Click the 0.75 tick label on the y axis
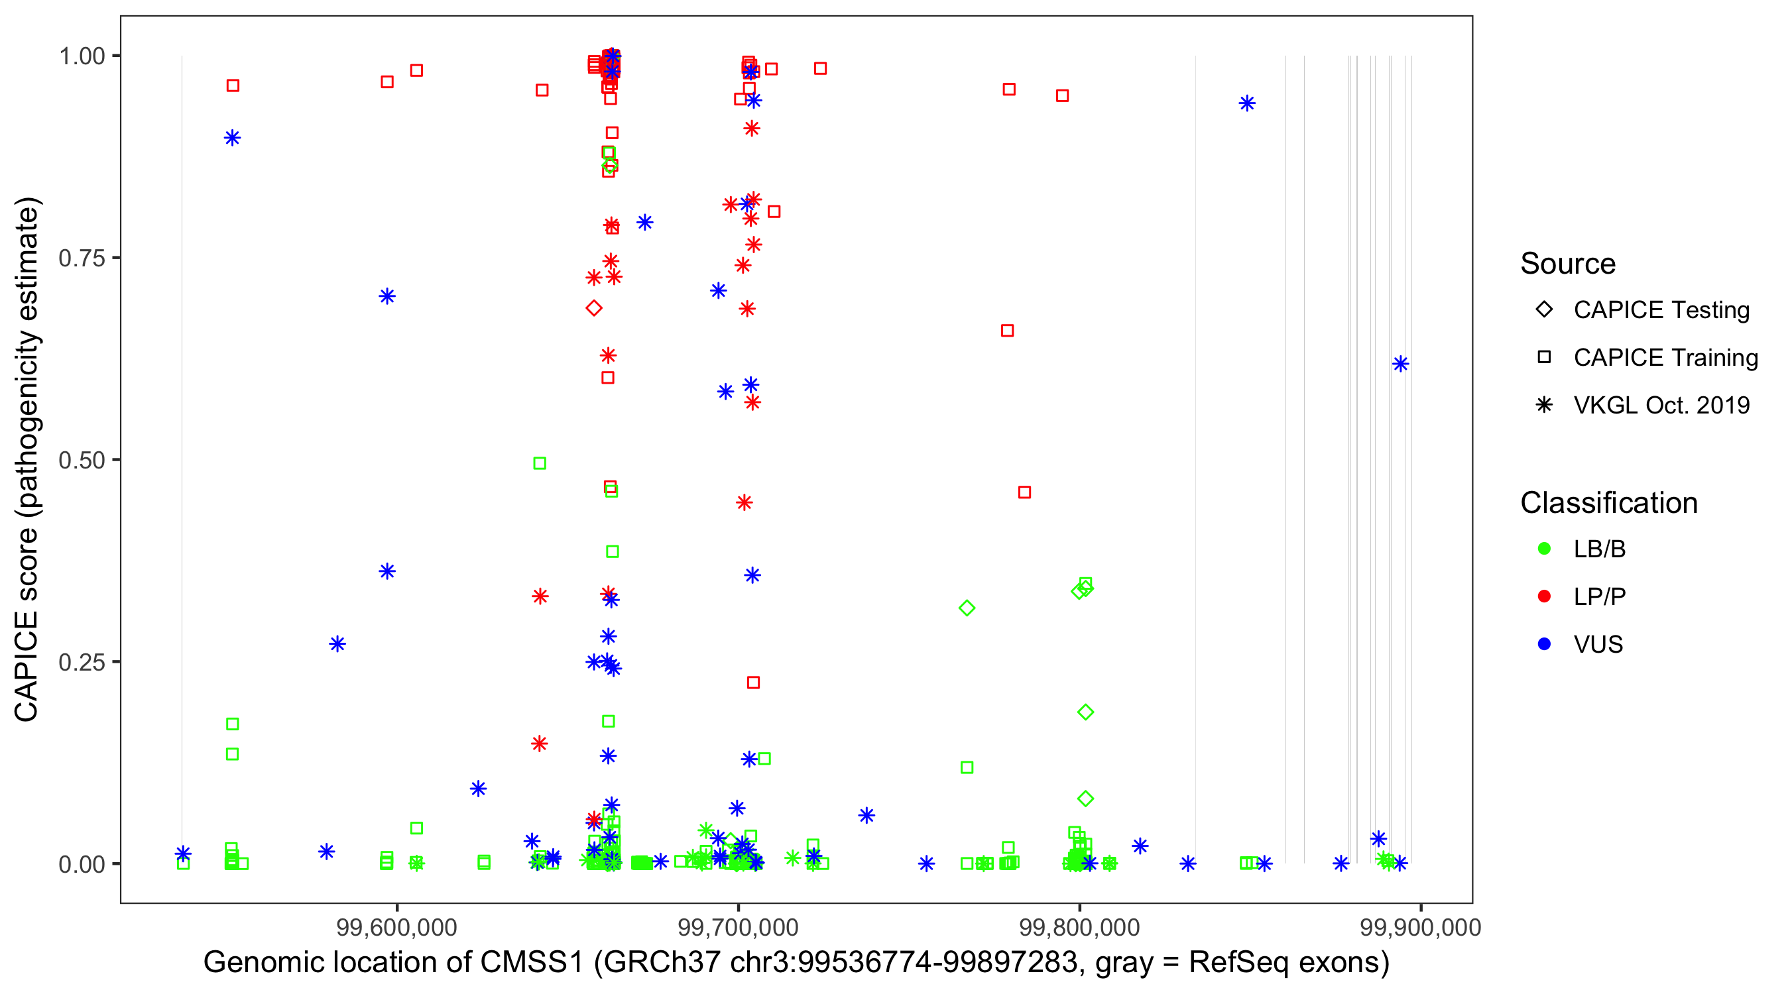pyautogui.click(x=81, y=258)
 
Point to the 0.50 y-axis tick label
pyautogui.click(x=81, y=460)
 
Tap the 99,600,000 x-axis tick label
pyautogui.click(x=396, y=927)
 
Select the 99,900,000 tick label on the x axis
pyautogui.click(x=1420, y=927)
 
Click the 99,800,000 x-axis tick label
pyautogui.click(x=1079, y=927)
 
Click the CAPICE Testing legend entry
pyautogui.click(x=1661, y=310)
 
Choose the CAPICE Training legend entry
pyautogui.click(x=1665, y=358)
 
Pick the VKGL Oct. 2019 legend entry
pyautogui.click(x=1661, y=405)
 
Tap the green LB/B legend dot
pyautogui.click(x=1544, y=549)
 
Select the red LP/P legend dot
pyautogui.click(x=1544, y=596)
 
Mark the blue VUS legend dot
pyautogui.click(x=1544, y=644)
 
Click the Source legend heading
pyautogui.click(x=1568, y=264)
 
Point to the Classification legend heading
pyautogui.click(x=1608, y=503)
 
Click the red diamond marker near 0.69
pyautogui.click(x=593, y=307)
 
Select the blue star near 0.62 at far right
pyautogui.click(x=1400, y=364)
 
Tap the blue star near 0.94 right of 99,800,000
pyautogui.click(x=1247, y=103)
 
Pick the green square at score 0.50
pyautogui.click(x=539, y=463)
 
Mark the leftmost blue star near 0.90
pyautogui.click(x=232, y=138)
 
